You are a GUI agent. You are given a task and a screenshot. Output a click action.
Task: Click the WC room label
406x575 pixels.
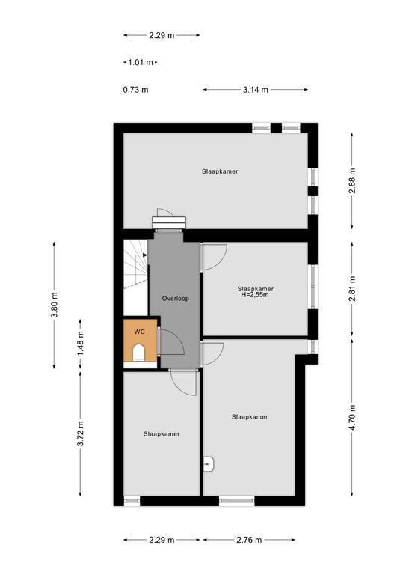point(140,332)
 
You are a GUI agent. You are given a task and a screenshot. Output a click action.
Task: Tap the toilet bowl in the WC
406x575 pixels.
point(139,353)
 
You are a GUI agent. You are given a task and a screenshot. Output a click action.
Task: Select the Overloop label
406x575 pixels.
point(176,299)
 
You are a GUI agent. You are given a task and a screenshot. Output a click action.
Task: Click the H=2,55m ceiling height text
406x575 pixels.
point(255,294)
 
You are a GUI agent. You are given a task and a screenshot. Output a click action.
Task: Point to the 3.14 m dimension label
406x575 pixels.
point(256,90)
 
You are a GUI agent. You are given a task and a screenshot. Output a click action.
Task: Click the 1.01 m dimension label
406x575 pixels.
point(141,62)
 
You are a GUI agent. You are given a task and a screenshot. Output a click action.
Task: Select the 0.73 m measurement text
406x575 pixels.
point(136,90)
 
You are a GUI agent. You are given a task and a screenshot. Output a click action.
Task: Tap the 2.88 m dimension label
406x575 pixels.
point(352,180)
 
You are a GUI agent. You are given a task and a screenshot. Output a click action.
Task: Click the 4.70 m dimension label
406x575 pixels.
point(352,417)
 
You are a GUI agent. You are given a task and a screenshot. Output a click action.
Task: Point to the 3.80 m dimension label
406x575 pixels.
point(54,305)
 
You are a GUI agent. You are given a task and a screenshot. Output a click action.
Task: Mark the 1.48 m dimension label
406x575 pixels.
point(81,343)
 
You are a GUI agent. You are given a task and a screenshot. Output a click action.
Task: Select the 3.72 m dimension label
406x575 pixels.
point(81,433)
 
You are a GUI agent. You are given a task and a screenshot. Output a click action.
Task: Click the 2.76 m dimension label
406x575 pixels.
point(249,540)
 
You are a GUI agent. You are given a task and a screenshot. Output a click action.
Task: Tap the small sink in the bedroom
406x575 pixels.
point(209,464)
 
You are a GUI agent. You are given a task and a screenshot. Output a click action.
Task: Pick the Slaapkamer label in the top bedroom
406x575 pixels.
point(220,171)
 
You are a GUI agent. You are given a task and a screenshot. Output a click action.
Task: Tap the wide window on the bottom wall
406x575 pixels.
point(237,501)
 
